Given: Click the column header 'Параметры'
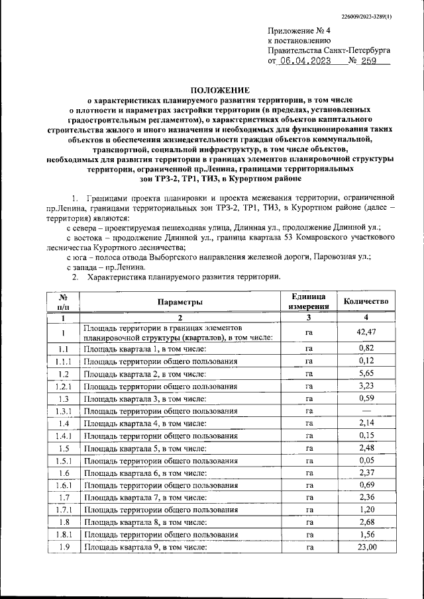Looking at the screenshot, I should [180, 302].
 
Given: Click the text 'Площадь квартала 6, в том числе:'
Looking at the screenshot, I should [145, 473].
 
